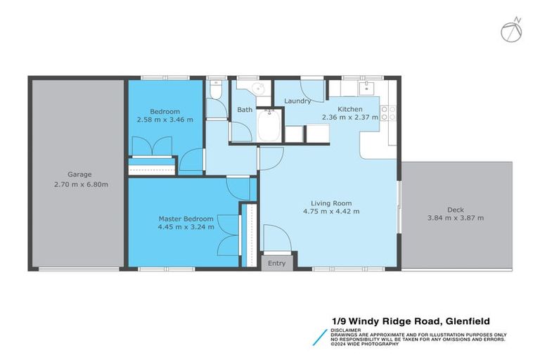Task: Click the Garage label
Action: (x=79, y=174)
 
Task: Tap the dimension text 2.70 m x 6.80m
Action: (x=79, y=184)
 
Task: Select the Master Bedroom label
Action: (x=186, y=219)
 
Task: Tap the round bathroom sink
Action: (x=258, y=89)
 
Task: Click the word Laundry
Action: (x=297, y=101)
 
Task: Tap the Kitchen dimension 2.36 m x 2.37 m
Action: (x=349, y=118)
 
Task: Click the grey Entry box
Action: (x=277, y=264)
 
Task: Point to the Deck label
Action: (x=455, y=209)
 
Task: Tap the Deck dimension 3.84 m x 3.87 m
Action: (x=456, y=218)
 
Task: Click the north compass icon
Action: (x=511, y=30)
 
